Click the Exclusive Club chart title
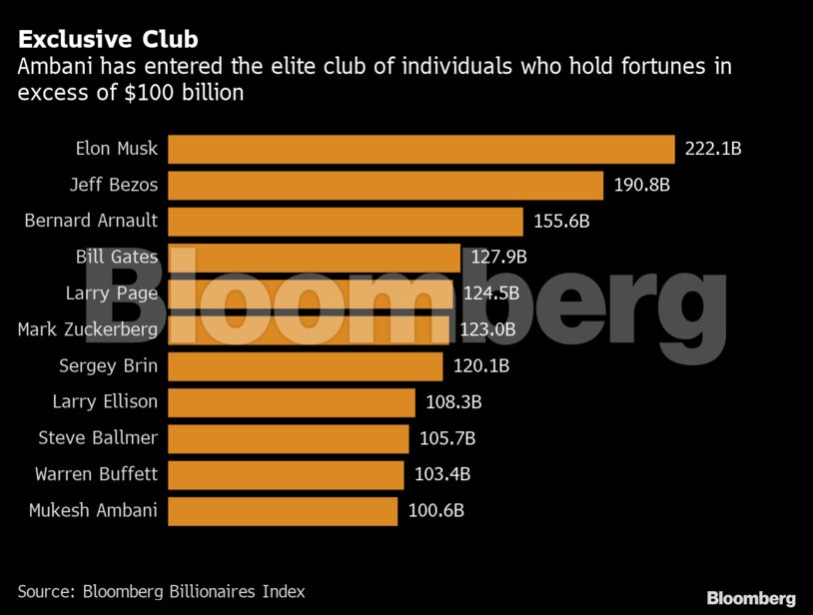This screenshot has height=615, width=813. click(108, 40)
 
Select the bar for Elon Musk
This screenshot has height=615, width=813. click(420, 149)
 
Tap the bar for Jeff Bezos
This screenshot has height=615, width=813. click(386, 186)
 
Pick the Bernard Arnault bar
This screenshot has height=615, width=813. click(346, 222)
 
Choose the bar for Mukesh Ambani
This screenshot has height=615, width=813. click(283, 511)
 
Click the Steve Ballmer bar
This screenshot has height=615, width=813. click(289, 438)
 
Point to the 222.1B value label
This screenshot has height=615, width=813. click(712, 149)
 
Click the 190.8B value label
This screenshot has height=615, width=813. click(641, 186)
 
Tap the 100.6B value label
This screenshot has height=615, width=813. click(436, 511)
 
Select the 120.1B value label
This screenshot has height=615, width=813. click(480, 366)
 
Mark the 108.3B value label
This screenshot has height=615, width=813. click(453, 402)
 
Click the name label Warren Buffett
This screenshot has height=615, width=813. click(96, 474)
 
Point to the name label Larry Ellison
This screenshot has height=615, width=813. click(105, 402)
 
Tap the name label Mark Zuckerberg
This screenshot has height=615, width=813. click(88, 330)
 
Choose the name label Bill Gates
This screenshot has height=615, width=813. click(116, 258)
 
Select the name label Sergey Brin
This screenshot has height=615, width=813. click(108, 366)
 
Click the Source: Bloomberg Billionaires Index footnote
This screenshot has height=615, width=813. click(161, 591)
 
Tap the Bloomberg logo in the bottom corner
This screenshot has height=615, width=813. click(751, 598)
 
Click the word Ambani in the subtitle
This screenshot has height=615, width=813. click(50, 68)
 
